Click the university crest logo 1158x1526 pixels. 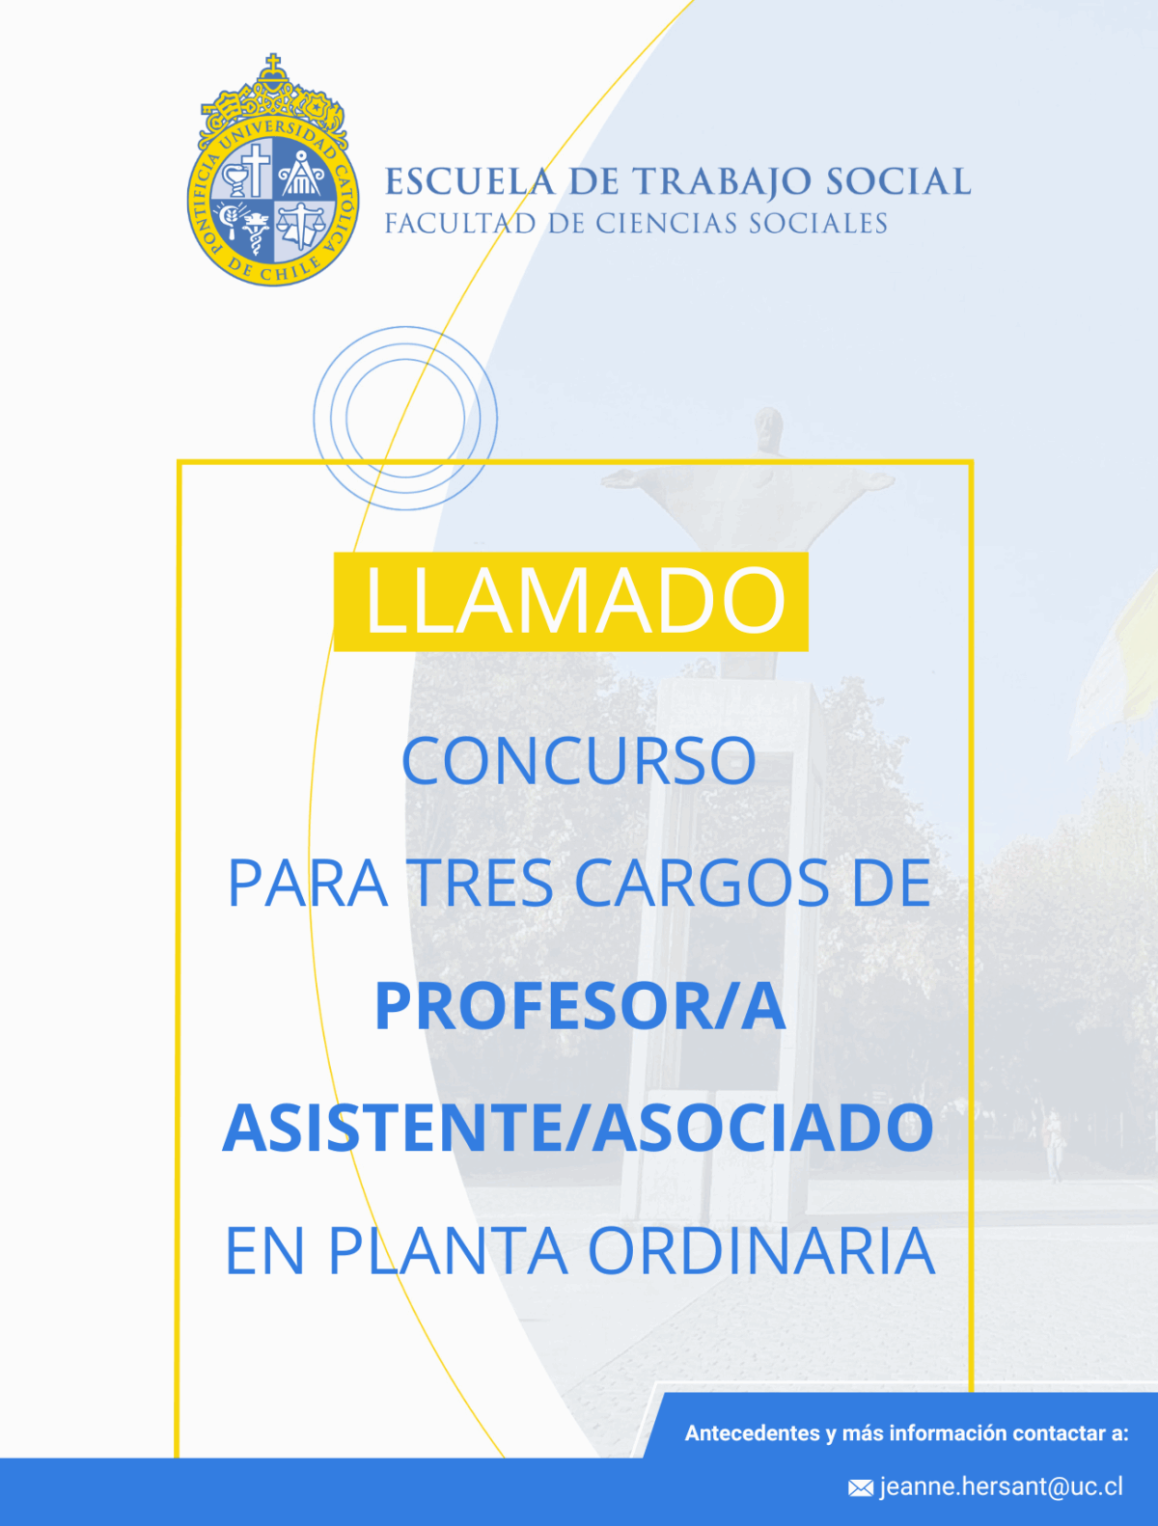273,171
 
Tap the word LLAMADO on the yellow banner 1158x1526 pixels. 574,600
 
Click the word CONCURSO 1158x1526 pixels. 579,760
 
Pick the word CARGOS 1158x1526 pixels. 703,883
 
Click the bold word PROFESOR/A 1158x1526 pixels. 581,1006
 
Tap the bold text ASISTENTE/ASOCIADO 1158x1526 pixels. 578,1128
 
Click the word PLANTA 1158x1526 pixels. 448,1251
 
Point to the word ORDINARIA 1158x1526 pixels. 761,1251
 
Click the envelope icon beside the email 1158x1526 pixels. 861,1487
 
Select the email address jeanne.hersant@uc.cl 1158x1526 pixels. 1002,1486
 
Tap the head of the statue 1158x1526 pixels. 768,428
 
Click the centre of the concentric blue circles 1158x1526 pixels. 405,418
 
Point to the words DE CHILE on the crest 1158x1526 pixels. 274,270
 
